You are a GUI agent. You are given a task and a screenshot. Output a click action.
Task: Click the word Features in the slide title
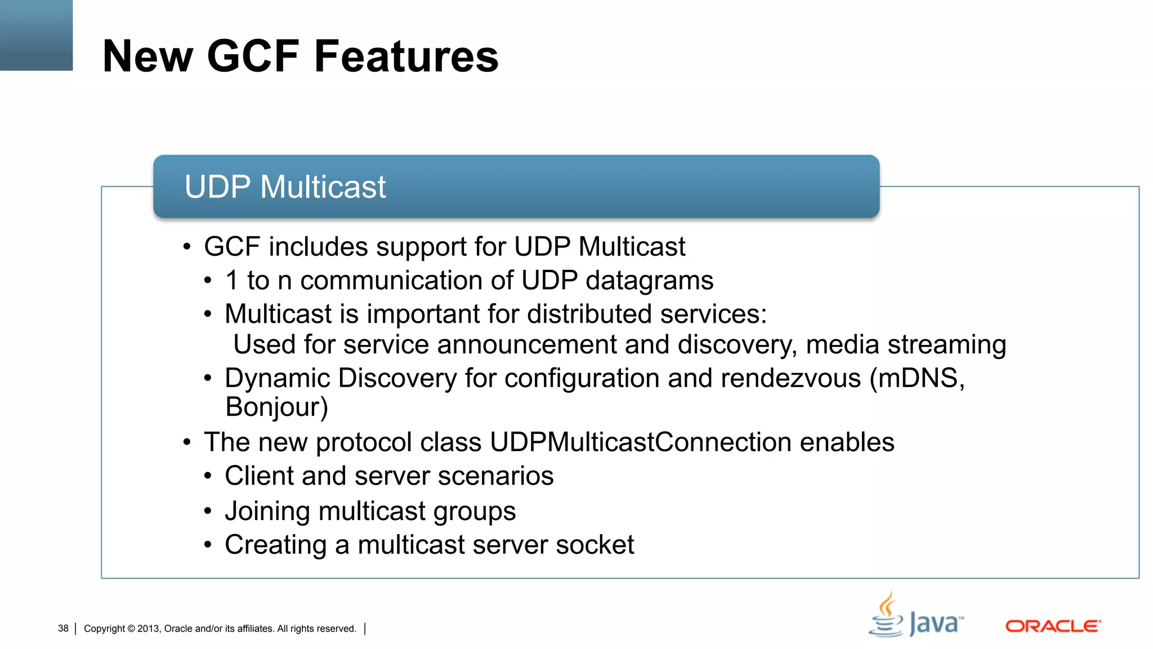point(406,56)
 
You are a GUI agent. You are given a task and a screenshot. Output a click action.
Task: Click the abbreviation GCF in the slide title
point(253,56)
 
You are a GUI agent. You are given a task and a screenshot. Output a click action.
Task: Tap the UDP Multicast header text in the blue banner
point(285,187)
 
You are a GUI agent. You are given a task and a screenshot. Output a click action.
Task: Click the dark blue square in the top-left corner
point(36,35)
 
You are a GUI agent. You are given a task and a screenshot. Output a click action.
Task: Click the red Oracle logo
point(1053,626)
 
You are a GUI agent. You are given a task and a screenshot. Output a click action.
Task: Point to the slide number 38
point(63,629)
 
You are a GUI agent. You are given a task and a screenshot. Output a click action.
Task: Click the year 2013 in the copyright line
point(148,629)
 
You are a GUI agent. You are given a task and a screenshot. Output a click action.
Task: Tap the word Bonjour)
point(276,407)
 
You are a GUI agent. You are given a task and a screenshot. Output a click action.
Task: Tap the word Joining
point(267,512)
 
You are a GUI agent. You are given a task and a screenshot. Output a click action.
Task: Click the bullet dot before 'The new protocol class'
point(187,442)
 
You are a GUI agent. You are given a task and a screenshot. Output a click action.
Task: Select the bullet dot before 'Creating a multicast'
point(208,545)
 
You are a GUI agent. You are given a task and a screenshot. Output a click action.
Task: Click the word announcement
point(526,345)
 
